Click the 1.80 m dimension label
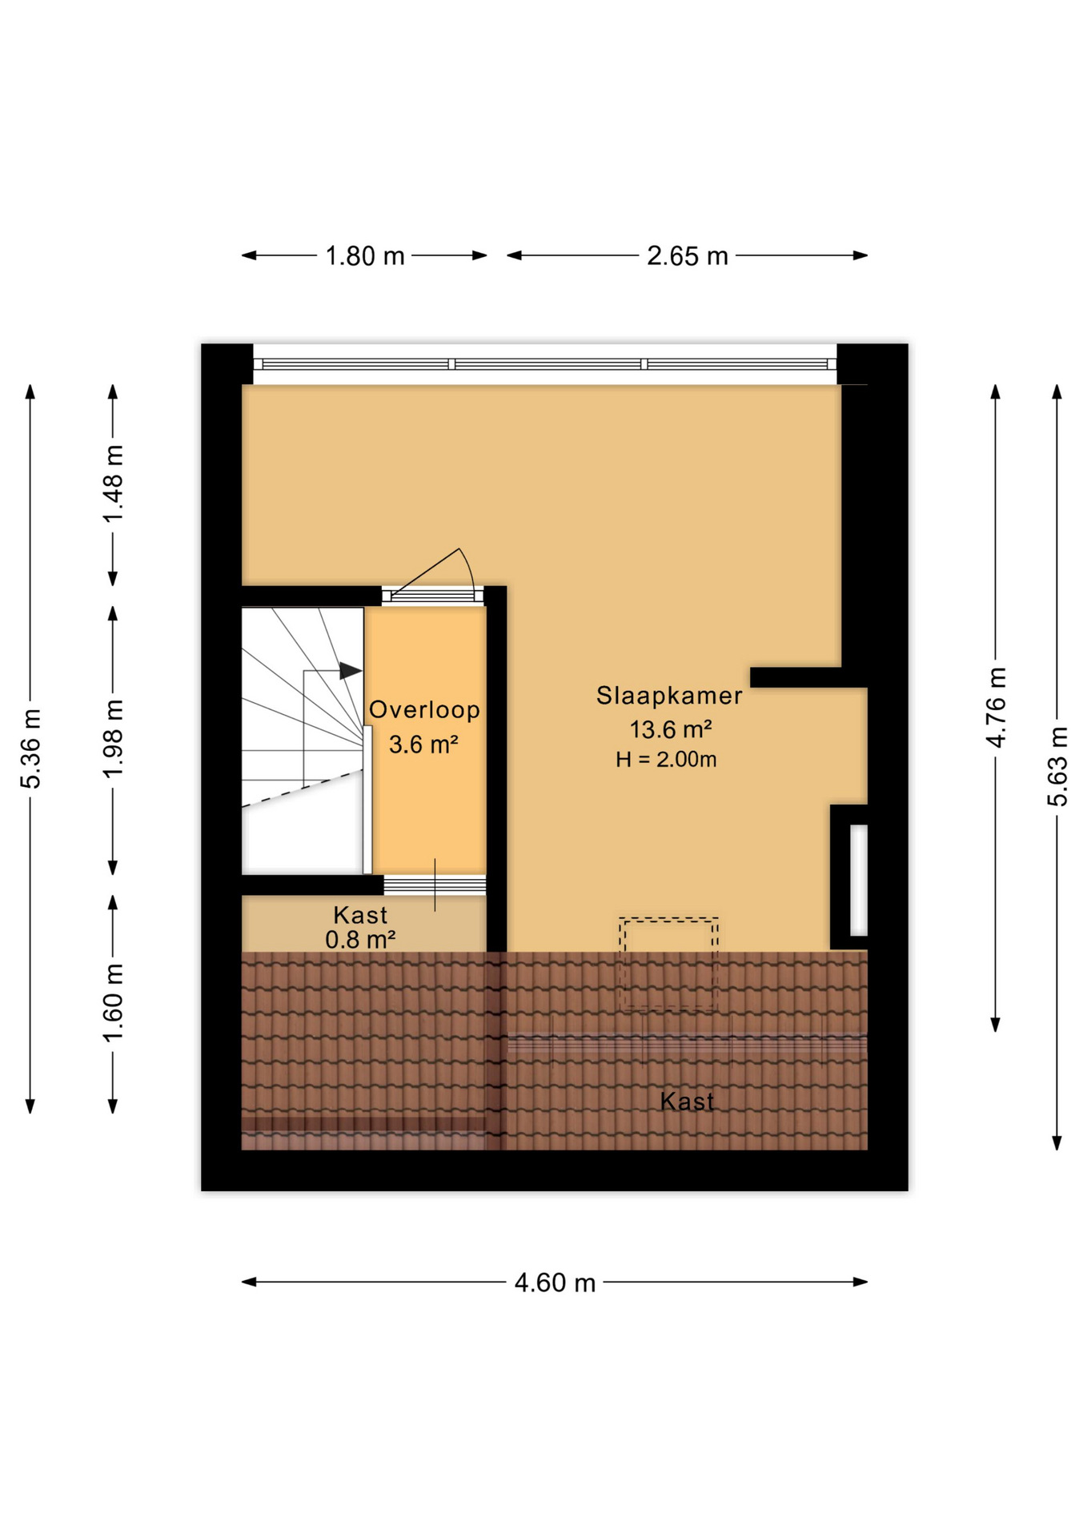[364, 256]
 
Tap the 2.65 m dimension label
[687, 256]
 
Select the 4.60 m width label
[554, 1283]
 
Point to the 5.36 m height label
[31, 748]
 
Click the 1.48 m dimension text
[114, 484]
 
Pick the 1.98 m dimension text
[114, 738]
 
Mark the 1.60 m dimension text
[114, 1003]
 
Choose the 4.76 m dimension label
[997, 707]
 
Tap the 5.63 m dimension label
[1057, 766]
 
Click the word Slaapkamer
[669, 696]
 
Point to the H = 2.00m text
[666, 760]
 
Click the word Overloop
[424, 710]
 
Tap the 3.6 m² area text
[423, 744]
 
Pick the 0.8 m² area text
[360, 940]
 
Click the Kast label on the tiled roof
[687, 1102]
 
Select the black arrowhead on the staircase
[350, 671]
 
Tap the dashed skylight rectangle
[668, 964]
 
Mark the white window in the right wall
[858, 880]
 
